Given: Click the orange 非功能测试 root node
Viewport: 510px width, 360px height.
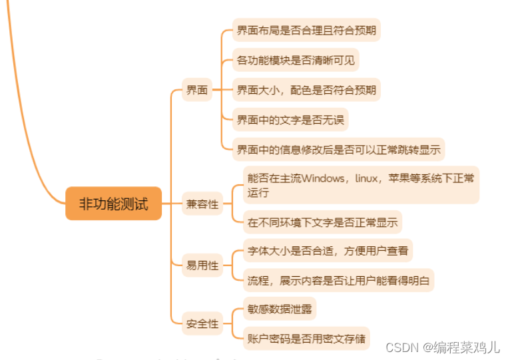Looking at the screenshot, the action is pyautogui.click(x=113, y=204).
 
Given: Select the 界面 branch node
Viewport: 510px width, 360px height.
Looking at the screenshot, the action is pyautogui.click(x=196, y=90).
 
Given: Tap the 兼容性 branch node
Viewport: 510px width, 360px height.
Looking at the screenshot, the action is pyautogui.click(x=202, y=204).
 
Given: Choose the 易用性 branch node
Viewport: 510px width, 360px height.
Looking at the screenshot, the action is pyautogui.click(x=202, y=266).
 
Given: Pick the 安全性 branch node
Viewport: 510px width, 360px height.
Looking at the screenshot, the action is pyautogui.click(x=202, y=324).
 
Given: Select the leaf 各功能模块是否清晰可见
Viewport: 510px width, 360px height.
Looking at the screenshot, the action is pyautogui.click(x=296, y=61).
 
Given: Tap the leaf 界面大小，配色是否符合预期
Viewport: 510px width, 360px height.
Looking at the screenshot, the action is pyautogui.click(x=306, y=90).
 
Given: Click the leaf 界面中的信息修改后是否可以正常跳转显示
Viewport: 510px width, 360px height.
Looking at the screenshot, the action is pyautogui.click(x=338, y=150).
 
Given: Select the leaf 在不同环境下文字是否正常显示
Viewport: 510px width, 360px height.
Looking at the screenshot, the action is pyautogui.click(x=322, y=223).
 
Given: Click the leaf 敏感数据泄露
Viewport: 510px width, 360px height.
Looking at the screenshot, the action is pyautogui.click(x=278, y=309).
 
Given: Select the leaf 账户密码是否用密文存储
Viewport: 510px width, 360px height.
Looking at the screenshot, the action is pyautogui.click(x=306, y=337).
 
